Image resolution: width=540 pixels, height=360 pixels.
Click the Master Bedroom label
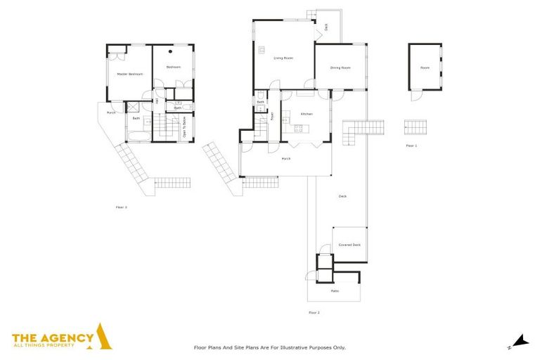pyautogui.click(x=125, y=74)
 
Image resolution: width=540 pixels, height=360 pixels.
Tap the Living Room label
pyautogui.click(x=283, y=58)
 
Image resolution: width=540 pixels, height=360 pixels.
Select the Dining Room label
pyautogui.click(x=340, y=68)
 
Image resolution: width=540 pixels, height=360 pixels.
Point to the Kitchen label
pyautogui.click(x=307, y=113)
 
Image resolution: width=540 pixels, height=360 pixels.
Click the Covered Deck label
pyautogui.click(x=349, y=245)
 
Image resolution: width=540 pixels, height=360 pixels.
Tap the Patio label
pyautogui.click(x=334, y=290)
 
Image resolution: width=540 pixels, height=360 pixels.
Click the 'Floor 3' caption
pyautogui.click(x=122, y=207)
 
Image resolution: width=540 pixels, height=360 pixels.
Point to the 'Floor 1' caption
pyautogui.click(x=411, y=146)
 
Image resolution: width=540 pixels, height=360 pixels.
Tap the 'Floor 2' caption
pyautogui.click(x=314, y=311)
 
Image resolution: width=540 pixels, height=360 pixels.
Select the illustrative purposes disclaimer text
pyautogui.click(x=269, y=347)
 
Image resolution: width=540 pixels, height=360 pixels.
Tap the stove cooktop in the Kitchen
pyautogui.click(x=298, y=128)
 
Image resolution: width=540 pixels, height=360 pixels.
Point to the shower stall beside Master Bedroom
pyautogui.click(x=131, y=107)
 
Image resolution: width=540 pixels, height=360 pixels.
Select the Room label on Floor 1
pyautogui.click(x=425, y=68)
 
